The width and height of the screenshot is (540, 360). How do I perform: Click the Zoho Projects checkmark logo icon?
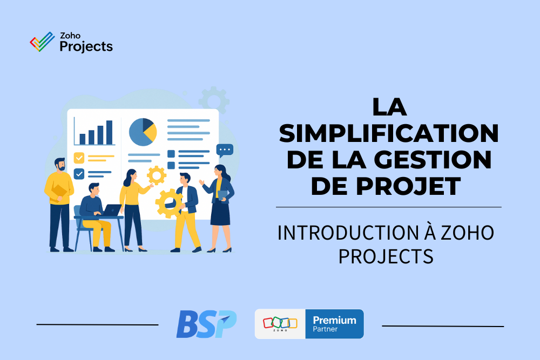coord(42,42)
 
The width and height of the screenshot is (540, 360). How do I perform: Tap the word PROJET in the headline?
coord(408,186)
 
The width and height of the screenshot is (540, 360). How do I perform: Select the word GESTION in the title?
coord(433,160)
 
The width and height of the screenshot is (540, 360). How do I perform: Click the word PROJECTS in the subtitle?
coord(386,256)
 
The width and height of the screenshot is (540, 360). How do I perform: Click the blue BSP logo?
coord(206,324)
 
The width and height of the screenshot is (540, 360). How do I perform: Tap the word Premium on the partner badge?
coord(334,320)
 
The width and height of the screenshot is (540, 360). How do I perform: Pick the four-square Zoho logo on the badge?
coord(280,323)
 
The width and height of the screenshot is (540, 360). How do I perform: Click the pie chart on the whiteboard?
coord(143,132)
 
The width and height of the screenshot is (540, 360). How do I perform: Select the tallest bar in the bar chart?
coord(109,133)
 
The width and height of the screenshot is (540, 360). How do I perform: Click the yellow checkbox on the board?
coord(79,158)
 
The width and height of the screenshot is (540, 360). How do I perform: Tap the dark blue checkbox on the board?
coord(79,174)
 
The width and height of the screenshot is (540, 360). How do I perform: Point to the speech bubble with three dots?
coord(225,151)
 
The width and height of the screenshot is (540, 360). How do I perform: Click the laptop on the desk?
coord(112,210)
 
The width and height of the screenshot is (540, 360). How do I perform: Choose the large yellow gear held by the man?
coord(168,203)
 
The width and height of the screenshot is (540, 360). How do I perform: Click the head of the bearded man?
coord(60,165)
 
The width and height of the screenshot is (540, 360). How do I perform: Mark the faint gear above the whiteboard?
coord(214,100)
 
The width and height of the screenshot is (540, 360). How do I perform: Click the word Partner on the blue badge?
coord(325,329)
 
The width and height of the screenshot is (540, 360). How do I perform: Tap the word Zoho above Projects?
coord(70,36)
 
